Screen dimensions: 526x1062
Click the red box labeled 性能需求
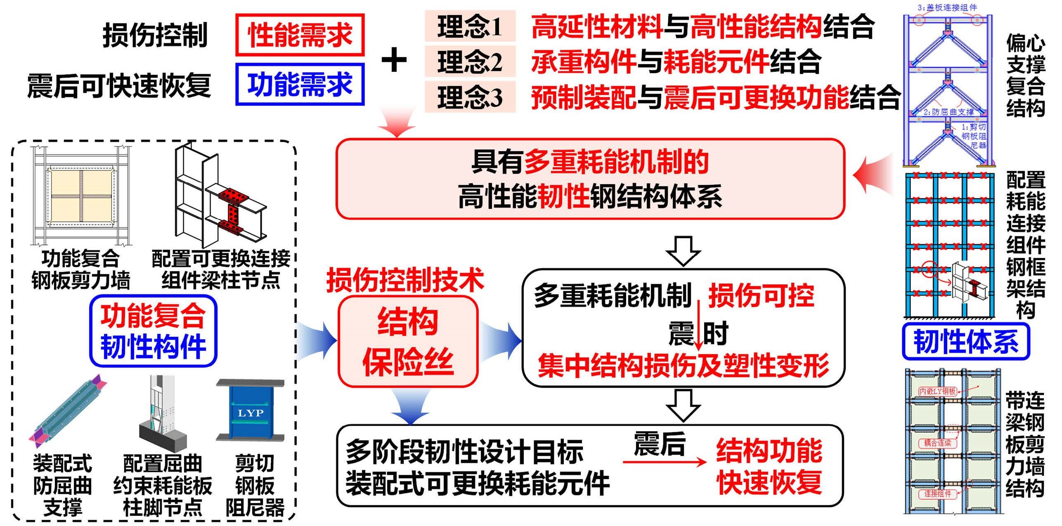point(300,35)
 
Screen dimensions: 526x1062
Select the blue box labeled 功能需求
point(300,84)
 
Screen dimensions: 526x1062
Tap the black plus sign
point(394,60)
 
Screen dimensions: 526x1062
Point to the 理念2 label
point(470,62)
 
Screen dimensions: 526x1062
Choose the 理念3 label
point(470,97)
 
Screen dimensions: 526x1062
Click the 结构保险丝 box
point(408,342)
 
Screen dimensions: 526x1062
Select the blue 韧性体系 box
point(966,342)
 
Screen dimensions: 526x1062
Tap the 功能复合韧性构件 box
point(153,331)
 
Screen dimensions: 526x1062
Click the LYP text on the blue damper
point(251,413)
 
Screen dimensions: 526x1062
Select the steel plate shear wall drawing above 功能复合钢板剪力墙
point(81,196)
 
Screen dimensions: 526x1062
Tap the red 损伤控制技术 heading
point(405,280)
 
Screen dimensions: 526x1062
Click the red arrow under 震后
point(665,462)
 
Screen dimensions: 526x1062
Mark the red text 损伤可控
point(761,296)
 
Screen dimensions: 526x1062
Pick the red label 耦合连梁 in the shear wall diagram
point(937,443)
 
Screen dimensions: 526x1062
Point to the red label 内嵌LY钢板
point(937,391)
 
